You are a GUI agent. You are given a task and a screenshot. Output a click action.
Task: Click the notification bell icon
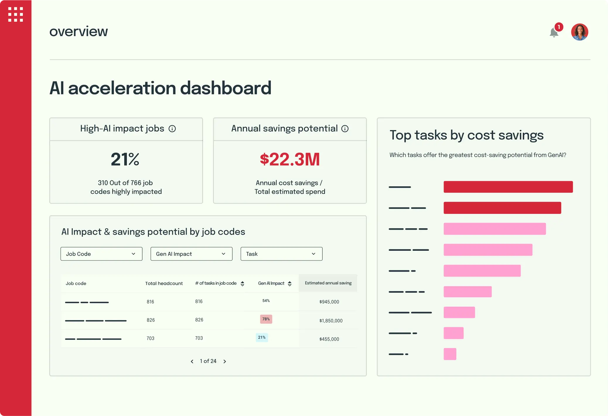(554, 33)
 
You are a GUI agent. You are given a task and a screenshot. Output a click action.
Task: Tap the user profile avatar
(579, 32)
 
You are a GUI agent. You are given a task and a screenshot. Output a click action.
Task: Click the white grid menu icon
(16, 14)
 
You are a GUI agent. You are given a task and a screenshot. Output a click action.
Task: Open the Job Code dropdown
(101, 254)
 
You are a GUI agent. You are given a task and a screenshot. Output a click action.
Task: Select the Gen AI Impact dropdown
(191, 254)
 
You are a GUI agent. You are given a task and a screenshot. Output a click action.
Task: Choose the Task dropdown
(281, 254)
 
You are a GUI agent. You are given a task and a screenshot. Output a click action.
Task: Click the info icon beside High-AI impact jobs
(172, 129)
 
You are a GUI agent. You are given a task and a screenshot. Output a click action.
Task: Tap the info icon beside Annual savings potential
(345, 129)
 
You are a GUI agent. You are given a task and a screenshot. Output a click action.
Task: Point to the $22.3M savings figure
(289, 159)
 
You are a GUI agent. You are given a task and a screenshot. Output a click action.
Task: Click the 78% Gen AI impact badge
(266, 319)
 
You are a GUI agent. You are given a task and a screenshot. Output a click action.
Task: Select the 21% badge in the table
(262, 337)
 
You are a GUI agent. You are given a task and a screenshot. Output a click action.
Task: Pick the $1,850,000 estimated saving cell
(331, 320)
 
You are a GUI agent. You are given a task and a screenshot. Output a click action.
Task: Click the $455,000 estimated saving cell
(329, 339)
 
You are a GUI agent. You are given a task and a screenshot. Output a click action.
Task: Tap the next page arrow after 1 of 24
(225, 362)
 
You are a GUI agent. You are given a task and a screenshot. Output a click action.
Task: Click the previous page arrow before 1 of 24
(192, 362)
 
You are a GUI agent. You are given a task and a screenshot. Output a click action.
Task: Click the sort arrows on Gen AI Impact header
(289, 284)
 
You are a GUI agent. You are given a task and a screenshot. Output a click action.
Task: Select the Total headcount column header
(164, 283)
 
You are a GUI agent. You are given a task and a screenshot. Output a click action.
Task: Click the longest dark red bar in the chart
(508, 187)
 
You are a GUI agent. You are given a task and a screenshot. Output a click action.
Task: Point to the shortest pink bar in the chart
(450, 354)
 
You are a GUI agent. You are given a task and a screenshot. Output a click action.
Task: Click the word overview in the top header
(79, 31)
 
